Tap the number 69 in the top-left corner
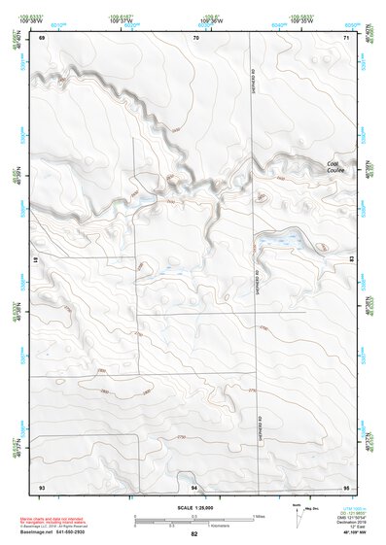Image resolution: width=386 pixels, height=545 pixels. click(42, 37)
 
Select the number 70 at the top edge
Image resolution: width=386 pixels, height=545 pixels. click(196, 37)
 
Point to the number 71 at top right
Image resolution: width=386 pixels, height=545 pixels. click(345, 37)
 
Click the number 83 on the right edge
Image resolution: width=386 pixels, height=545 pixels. click(351, 259)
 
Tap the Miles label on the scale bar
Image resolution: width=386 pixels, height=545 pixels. click(257, 515)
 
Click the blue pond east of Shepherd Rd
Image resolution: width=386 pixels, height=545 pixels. click(281, 241)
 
